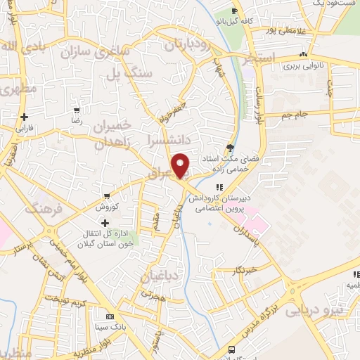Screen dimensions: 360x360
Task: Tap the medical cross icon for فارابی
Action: (25, 117)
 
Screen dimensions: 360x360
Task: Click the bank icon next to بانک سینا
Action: (109, 317)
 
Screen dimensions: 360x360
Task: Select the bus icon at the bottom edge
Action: (231, 349)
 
